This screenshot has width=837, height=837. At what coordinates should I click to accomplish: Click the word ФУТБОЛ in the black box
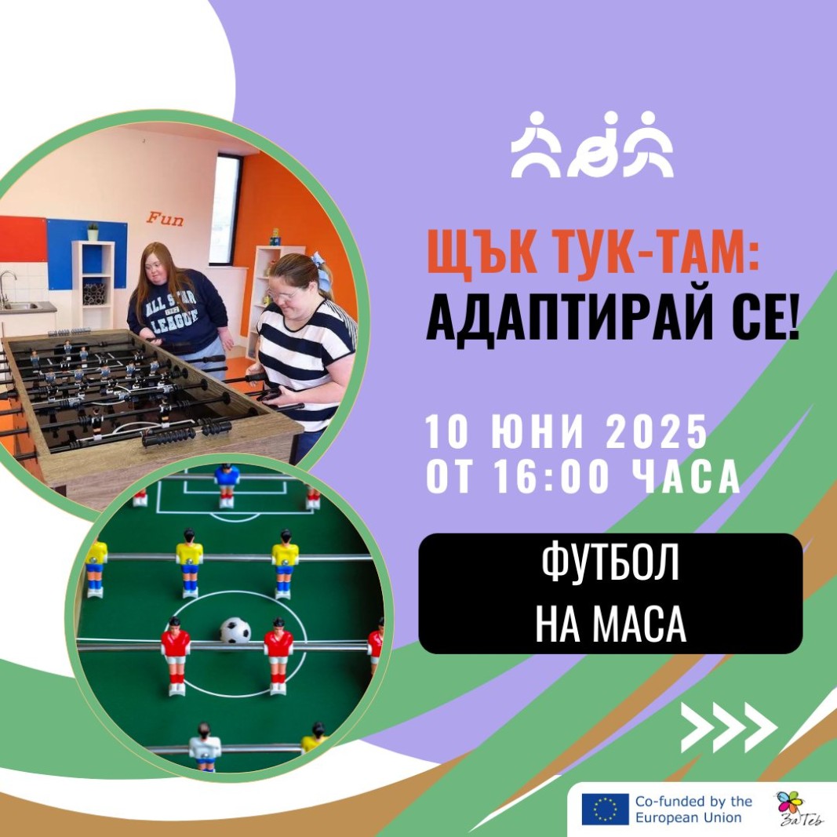[610, 563]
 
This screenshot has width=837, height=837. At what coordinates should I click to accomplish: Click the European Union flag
[605, 809]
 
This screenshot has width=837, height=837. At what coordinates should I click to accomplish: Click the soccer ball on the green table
[235, 631]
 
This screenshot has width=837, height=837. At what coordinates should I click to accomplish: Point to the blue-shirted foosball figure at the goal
[227, 485]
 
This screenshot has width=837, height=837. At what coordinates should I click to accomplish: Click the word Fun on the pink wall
[165, 219]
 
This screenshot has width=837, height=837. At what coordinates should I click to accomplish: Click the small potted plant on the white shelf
[93, 231]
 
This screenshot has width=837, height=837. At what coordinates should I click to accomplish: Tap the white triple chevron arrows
[729, 727]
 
